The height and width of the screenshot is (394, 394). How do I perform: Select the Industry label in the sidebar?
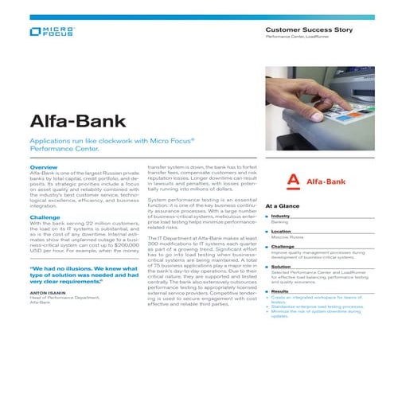click(x=280, y=217)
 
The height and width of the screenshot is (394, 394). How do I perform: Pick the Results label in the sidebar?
click(x=280, y=291)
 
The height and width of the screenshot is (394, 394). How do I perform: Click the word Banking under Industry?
click(x=279, y=223)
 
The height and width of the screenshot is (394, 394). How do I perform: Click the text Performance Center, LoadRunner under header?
click(x=298, y=38)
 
